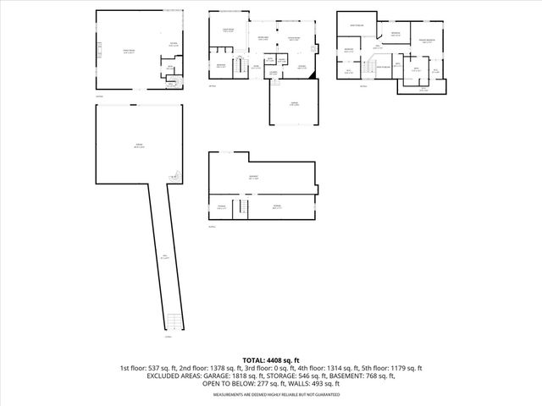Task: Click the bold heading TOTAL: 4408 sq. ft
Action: [x=271, y=359]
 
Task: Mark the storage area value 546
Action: [x=310, y=376]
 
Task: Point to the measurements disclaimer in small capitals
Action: [x=271, y=394]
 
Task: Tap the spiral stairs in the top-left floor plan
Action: [x=173, y=81]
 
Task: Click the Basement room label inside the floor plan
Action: [x=253, y=178]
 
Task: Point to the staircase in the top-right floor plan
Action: [x=372, y=69]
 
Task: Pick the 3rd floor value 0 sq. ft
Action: [x=268, y=368]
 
